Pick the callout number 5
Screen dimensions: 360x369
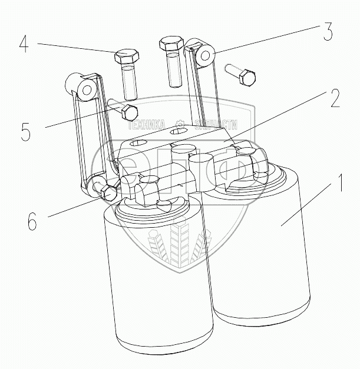tap(25, 131)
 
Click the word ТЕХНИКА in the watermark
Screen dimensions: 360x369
tap(149, 125)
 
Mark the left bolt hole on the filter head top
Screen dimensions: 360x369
tap(137, 144)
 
